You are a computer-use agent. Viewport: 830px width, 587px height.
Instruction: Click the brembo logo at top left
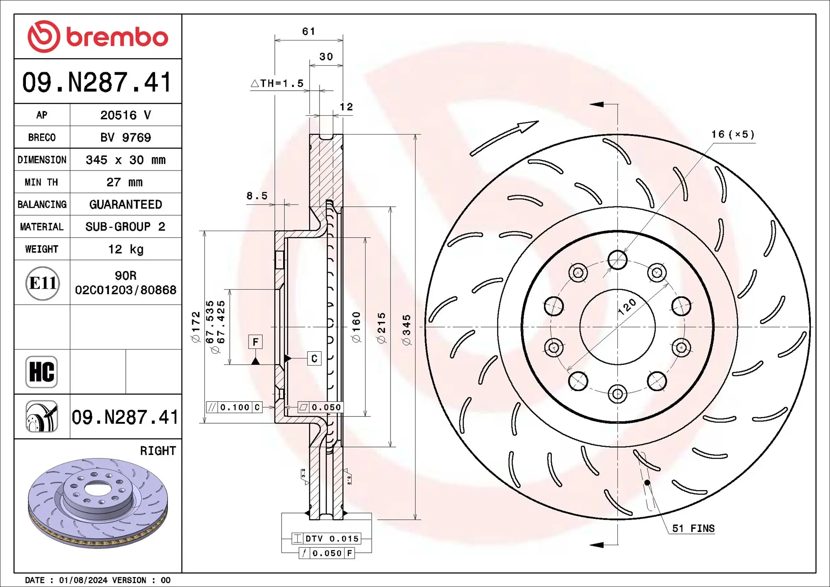tap(98, 37)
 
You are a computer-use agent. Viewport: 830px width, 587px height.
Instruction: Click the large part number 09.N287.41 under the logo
tap(97, 82)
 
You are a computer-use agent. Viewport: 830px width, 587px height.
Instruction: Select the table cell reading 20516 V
tap(125, 115)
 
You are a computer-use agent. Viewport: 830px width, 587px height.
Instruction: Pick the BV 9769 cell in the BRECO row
tap(125, 137)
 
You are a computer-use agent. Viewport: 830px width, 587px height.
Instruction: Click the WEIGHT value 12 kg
tap(125, 249)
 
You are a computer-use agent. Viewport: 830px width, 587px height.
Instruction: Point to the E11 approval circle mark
tap(42, 283)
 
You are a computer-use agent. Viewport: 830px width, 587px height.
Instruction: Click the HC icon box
tap(41, 371)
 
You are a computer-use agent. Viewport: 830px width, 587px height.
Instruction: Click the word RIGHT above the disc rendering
tap(157, 451)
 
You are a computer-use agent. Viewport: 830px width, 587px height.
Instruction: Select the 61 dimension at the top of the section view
tap(308, 31)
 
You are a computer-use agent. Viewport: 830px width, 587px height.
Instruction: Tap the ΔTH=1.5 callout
tap(277, 84)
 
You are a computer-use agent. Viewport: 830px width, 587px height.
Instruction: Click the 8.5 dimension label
tap(256, 196)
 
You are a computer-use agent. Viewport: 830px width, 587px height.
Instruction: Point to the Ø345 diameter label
tap(406, 330)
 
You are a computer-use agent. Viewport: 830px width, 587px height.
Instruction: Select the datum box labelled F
tap(255, 342)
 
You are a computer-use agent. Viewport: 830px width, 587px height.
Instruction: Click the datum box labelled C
tap(314, 358)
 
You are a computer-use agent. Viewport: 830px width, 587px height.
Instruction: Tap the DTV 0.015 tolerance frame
tap(326, 539)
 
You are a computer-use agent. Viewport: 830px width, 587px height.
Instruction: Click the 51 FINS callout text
tap(693, 529)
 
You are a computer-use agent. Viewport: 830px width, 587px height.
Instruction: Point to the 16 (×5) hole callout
tap(733, 135)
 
